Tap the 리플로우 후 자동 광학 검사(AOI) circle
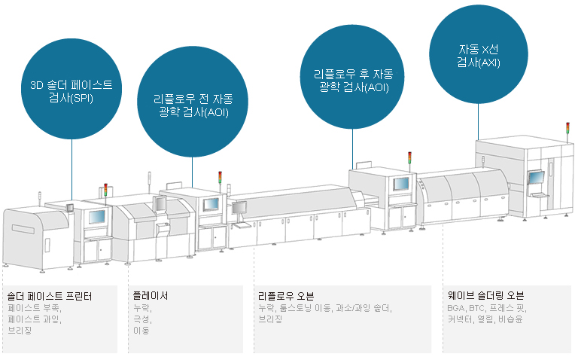[352, 81]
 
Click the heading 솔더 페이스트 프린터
[49, 296]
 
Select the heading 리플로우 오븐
[285, 296]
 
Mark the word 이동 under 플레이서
[141, 330]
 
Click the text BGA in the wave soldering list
[455, 308]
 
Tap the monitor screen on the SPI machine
[97, 217]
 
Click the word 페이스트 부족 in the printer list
[34, 308]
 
